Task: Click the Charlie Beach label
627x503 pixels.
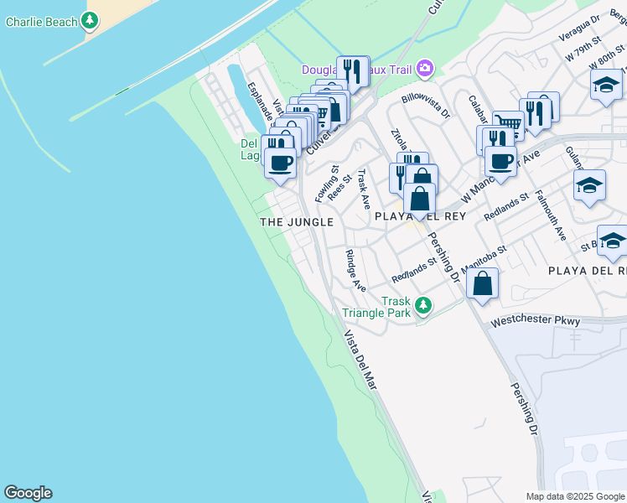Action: [x=40, y=21]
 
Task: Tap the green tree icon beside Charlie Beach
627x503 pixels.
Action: [x=90, y=20]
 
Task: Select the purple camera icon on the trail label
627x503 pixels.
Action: [x=426, y=68]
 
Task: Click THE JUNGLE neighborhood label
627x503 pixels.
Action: [x=297, y=222]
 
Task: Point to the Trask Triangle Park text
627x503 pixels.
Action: [x=377, y=307]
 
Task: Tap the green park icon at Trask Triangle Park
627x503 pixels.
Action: [x=424, y=305]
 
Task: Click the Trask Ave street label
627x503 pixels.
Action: [x=364, y=189]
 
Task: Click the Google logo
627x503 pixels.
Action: [x=28, y=493]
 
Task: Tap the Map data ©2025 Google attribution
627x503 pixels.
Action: [x=574, y=496]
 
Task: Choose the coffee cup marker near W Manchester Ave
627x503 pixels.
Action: [x=500, y=162]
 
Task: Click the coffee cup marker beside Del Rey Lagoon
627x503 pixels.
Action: [x=280, y=162]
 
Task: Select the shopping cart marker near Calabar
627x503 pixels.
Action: [x=508, y=125]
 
